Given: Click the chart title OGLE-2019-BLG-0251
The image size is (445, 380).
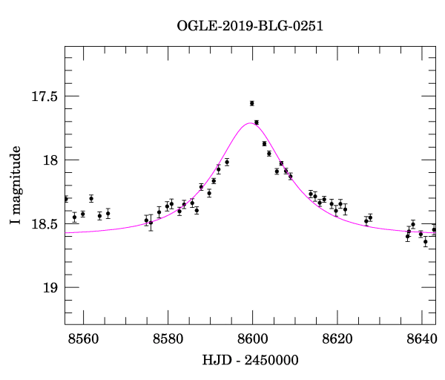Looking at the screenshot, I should point(251,26).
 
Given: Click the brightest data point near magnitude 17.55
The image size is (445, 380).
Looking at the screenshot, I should point(252,103).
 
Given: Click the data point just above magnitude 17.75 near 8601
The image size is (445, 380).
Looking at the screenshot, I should point(257,122).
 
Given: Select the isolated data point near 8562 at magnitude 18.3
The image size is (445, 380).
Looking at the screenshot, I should point(91,198).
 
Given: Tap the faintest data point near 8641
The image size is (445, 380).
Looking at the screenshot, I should point(426,241).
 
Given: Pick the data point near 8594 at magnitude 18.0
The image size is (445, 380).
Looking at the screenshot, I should point(227,162).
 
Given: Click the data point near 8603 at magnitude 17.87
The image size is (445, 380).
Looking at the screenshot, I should point(264,143).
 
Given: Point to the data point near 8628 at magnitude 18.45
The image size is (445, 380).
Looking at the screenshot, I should point(370,217).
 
